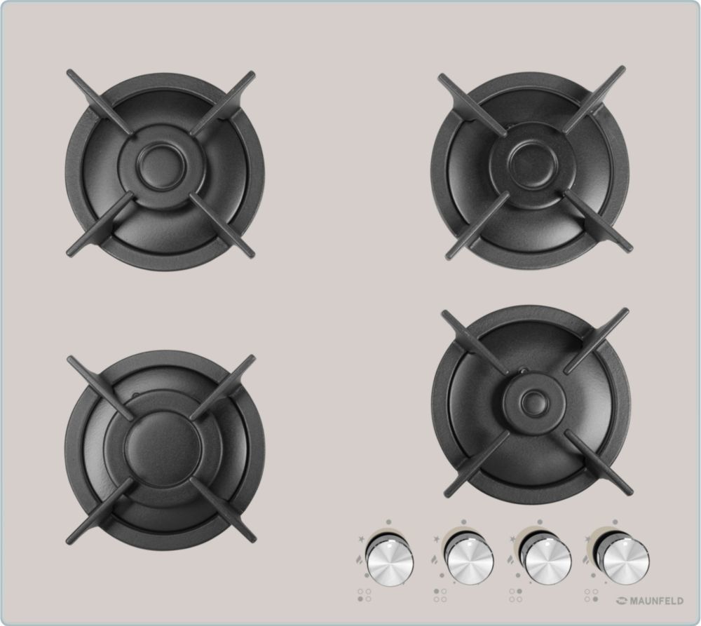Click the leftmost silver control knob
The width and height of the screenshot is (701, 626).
click(x=389, y=561)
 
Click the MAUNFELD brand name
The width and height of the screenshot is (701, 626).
click(x=656, y=601)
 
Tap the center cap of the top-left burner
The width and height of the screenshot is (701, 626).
click(x=161, y=166)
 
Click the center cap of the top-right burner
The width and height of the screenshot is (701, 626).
click(x=533, y=163)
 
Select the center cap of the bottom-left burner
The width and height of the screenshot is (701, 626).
click(x=163, y=449)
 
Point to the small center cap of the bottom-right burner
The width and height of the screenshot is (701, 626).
click(x=533, y=402)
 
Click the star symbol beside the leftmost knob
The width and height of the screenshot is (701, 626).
click(x=361, y=539)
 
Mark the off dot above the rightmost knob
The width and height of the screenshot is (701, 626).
click(x=615, y=522)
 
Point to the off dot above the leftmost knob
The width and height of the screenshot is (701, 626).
click(x=389, y=522)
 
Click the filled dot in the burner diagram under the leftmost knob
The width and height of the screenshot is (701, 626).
click(x=360, y=599)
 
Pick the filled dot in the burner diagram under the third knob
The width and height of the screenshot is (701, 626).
click(x=519, y=592)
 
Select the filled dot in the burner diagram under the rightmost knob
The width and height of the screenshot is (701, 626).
click(x=595, y=599)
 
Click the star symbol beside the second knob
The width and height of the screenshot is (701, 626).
click(x=436, y=539)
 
